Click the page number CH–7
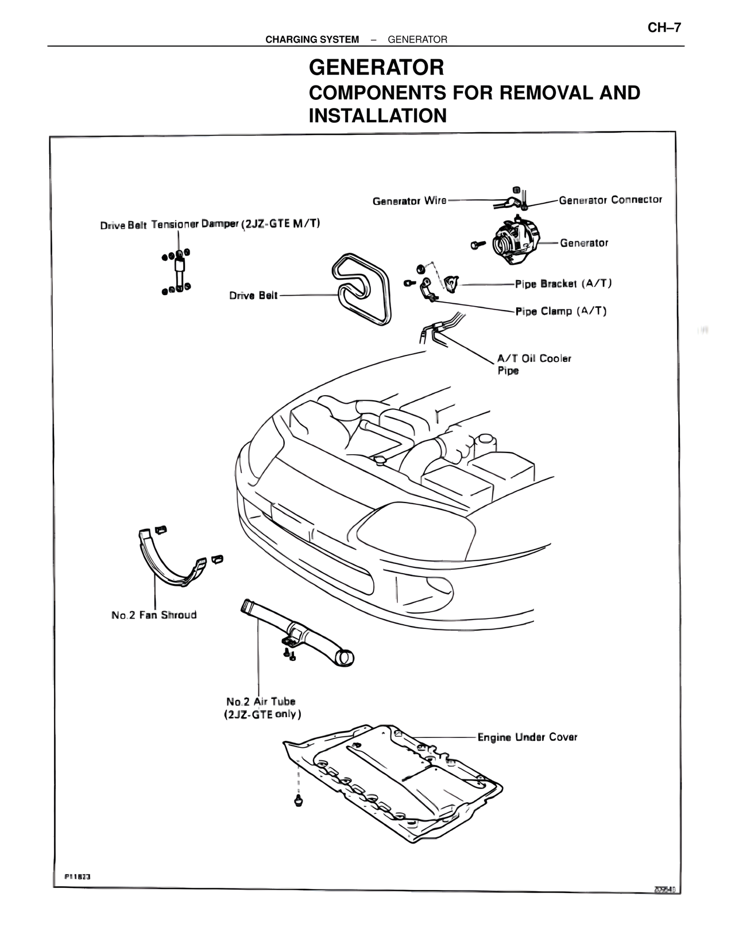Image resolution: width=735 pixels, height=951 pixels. [x=664, y=28]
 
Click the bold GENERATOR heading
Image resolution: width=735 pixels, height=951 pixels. [x=376, y=68]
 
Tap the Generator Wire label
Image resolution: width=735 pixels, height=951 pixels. [x=409, y=201]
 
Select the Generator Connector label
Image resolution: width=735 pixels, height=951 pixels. [x=610, y=200]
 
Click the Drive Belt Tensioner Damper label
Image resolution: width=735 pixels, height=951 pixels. [x=210, y=224]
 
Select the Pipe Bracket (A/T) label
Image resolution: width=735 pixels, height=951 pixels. [x=563, y=284]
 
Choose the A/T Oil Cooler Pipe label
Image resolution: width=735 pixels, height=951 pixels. [x=533, y=364]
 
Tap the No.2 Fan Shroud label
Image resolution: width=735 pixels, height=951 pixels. [x=154, y=615]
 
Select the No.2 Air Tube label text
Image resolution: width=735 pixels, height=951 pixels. [x=262, y=708]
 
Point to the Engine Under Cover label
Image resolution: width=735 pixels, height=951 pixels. [x=527, y=737]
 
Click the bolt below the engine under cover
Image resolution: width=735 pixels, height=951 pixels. [x=299, y=800]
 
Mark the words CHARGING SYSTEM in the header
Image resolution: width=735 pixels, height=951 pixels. [x=312, y=40]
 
